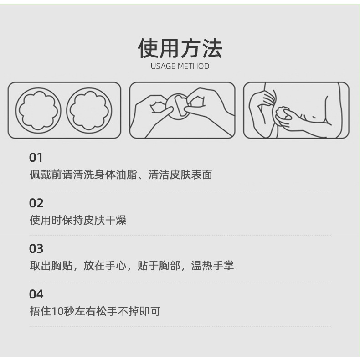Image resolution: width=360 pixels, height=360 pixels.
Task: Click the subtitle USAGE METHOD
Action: [180, 67]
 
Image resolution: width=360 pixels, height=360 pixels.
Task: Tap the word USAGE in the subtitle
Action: [163, 67]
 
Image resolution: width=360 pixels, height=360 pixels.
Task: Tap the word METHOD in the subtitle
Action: [193, 67]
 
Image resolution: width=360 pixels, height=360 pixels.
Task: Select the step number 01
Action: [36, 158]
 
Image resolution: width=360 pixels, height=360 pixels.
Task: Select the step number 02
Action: [36, 203]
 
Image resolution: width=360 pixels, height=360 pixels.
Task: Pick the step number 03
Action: [36, 249]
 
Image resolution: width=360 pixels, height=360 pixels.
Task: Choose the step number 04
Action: [36, 294]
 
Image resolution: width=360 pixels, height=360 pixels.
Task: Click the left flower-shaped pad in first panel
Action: [39, 110]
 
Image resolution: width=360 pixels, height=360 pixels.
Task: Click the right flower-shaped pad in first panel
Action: [89, 110]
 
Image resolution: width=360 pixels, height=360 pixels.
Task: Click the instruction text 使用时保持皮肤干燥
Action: [78, 221]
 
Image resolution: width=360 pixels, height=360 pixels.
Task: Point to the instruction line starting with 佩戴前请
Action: [121, 175]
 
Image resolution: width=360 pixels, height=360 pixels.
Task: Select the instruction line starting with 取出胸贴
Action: [132, 266]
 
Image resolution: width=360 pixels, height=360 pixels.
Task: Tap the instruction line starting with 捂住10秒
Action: [95, 312]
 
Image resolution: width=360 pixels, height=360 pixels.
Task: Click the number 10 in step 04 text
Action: [57, 312]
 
